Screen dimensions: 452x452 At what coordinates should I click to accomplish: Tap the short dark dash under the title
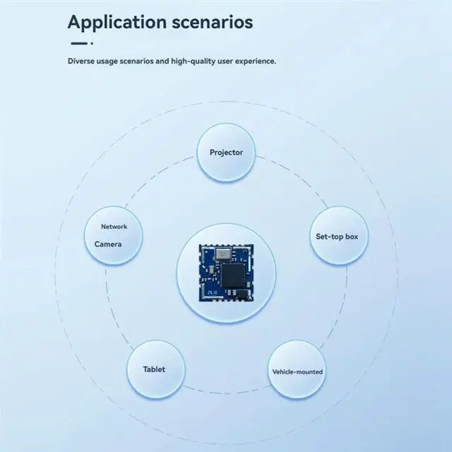click(x=76, y=43)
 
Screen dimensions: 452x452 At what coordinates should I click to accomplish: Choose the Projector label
click(x=226, y=153)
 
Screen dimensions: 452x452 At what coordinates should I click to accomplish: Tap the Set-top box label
click(x=336, y=236)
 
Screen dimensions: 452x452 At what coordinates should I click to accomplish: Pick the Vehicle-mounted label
click(x=297, y=371)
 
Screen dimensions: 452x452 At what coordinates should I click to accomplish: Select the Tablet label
click(x=154, y=369)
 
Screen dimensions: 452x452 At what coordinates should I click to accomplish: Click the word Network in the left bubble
click(x=114, y=227)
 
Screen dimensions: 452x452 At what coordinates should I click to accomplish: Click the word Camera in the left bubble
click(x=108, y=244)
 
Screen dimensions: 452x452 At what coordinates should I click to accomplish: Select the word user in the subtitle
click(x=226, y=61)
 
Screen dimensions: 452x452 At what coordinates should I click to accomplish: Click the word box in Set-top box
click(x=351, y=236)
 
